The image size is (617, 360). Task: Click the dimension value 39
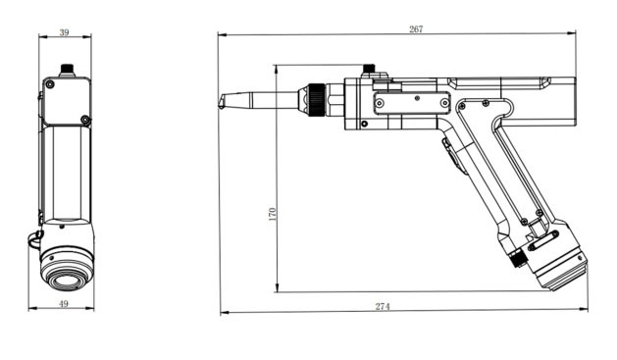tap(64, 32)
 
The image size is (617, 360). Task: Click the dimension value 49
tap(64, 304)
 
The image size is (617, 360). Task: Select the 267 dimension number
tap(416, 29)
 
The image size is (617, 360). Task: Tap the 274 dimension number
tap(383, 306)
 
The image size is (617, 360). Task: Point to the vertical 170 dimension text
tap(273, 215)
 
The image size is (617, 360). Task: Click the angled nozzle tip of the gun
tap(222, 102)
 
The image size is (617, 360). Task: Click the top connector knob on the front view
tap(67, 70)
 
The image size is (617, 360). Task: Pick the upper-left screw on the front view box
tap(50, 83)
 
